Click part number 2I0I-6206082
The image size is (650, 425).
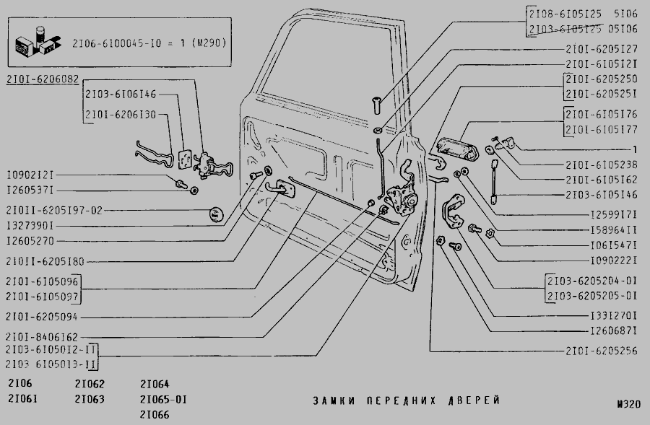pos(43,79)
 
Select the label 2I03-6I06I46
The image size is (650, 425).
pos(121,95)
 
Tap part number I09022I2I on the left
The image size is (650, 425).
pos(30,175)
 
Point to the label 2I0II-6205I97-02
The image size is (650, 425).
pos(54,211)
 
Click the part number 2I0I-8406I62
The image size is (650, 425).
pos(42,337)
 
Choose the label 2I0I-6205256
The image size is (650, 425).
pos(602,351)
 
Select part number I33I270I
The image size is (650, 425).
pos(613,316)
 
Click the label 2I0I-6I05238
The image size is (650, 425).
pos(602,165)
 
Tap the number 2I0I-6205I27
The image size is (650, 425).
pos(602,49)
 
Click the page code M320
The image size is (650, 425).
pos(629,404)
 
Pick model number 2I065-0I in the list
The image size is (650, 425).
pos(163,400)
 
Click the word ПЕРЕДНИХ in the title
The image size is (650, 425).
pos(402,400)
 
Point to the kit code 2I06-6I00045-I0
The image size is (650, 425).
pos(116,43)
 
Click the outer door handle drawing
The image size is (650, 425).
pos(458,149)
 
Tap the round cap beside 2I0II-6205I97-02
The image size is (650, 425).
pos(215,214)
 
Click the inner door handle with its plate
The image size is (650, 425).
pos(280,189)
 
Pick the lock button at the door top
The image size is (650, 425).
pos(376,105)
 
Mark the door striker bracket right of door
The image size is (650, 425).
pos(454,211)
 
